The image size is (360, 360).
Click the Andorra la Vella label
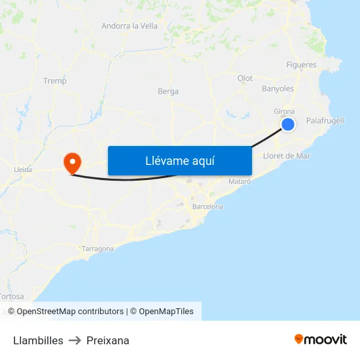pyautogui.click(x=129, y=26)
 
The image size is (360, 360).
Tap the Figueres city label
pyautogui.click(x=301, y=65)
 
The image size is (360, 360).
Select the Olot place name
pyautogui.click(x=245, y=79)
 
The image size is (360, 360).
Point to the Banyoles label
pyautogui.click(x=278, y=88)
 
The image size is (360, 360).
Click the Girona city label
pyautogui.click(x=284, y=111)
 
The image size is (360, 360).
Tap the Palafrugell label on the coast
pyautogui.click(x=325, y=120)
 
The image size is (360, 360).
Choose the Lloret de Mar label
pyautogui.click(x=286, y=156)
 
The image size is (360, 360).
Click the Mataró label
pyautogui.click(x=240, y=181)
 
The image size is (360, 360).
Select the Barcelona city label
pyautogui.click(x=207, y=206)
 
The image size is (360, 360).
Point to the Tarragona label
pyautogui.click(x=98, y=249)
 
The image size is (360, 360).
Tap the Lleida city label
pyautogui.click(x=23, y=170)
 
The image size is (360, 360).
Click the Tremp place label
pyautogui.click(x=54, y=81)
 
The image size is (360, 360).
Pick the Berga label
pyautogui.click(x=168, y=92)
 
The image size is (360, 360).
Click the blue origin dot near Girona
pyautogui.click(x=288, y=124)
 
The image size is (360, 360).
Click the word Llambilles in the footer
pyautogui.click(x=38, y=340)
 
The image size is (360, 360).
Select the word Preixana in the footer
pyautogui.click(x=108, y=340)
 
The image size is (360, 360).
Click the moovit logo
pyautogui.click(x=320, y=339)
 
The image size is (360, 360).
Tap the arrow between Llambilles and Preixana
pyautogui.click(x=75, y=340)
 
